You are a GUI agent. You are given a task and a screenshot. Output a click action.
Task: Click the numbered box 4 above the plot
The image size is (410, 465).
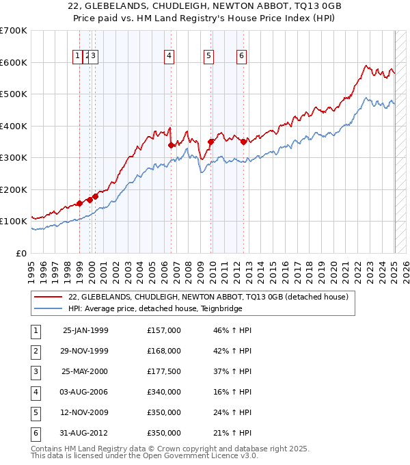[x=168, y=57]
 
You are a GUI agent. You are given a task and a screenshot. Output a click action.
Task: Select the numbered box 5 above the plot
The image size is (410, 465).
[x=208, y=57]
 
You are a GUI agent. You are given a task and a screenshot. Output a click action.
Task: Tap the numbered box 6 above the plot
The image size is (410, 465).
[x=242, y=57]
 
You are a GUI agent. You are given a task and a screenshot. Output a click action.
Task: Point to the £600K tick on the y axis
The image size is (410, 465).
[x=14, y=62]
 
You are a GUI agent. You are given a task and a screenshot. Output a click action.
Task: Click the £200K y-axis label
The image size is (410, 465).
[x=14, y=189]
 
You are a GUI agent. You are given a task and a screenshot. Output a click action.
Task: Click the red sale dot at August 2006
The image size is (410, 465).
[x=171, y=145]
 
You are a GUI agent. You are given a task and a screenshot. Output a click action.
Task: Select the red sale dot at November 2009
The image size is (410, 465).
[x=210, y=142]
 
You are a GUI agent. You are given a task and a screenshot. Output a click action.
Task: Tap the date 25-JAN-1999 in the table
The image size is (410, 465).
[x=85, y=330]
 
